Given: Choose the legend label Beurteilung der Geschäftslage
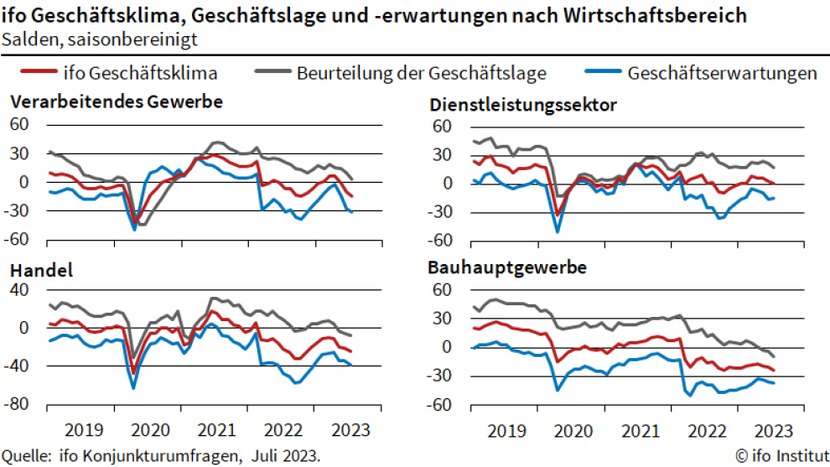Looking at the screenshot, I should (x=421, y=73).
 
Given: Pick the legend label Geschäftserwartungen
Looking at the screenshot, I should (x=722, y=73).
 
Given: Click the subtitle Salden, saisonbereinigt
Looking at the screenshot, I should (x=101, y=39).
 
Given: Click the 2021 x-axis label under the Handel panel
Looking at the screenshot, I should (x=217, y=429).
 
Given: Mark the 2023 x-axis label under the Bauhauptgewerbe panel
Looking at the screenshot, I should (x=773, y=430).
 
